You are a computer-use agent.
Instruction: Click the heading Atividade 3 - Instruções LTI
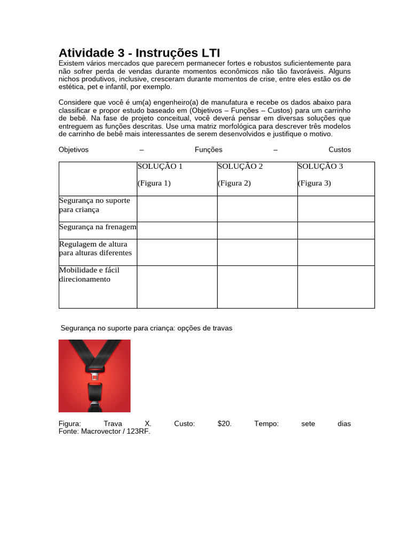(x=139, y=53)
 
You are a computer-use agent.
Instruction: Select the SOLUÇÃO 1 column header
(x=160, y=166)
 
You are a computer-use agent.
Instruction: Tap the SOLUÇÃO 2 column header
(x=240, y=166)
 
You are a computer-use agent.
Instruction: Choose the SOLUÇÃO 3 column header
(x=320, y=166)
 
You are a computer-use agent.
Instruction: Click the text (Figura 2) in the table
(x=234, y=183)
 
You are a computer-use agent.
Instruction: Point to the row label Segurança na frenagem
(x=98, y=228)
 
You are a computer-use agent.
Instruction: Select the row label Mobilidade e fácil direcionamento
(x=89, y=275)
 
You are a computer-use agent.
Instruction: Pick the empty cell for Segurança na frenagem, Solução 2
(x=257, y=230)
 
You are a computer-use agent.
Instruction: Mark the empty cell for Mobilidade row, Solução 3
(x=336, y=287)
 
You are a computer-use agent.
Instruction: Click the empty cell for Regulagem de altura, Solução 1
(x=177, y=252)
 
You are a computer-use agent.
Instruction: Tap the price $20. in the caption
(x=225, y=424)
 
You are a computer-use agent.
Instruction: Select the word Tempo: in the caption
(x=266, y=424)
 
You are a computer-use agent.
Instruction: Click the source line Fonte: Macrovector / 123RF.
(x=105, y=432)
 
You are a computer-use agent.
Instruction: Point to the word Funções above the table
(x=208, y=150)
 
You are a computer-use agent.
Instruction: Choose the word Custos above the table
(x=340, y=150)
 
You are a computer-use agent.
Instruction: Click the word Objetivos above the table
(x=74, y=150)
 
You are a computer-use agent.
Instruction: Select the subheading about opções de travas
(x=146, y=328)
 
